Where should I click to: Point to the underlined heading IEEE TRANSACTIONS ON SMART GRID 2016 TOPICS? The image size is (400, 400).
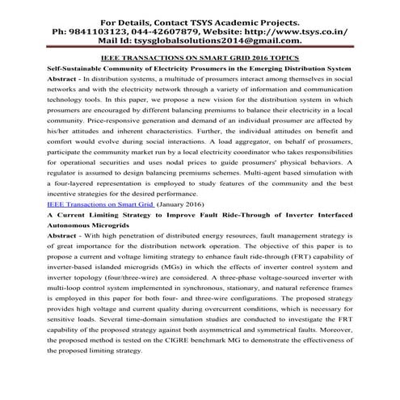pyautogui.click(x=200, y=58)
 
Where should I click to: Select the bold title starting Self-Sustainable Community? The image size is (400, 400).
pyautogui.click(x=200, y=69)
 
